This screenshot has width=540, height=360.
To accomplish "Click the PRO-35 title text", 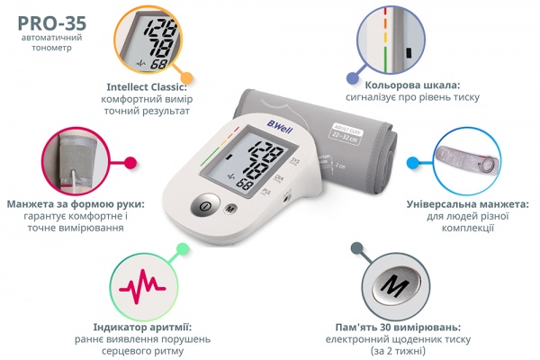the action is coord(51,23).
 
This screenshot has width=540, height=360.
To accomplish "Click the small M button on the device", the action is coord(230,209).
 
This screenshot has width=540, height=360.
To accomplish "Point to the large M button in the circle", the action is coord(396,285).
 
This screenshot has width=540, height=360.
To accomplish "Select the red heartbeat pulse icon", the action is coord(142,286).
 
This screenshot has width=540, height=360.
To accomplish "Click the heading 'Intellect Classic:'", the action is coord(147,86).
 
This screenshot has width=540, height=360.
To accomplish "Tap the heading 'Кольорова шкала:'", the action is coord(412,85).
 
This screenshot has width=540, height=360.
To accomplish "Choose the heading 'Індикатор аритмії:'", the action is coord(142,327).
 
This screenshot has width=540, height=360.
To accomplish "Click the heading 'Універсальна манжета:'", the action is coord(468,204).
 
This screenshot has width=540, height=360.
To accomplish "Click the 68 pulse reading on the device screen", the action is coord(244,185).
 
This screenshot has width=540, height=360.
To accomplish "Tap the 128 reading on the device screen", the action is coord(266,151).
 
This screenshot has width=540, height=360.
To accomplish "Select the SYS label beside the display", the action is coord(295,161).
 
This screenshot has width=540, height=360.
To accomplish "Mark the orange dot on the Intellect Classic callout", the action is coord(186,76).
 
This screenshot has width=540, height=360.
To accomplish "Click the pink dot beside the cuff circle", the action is coord(130,163).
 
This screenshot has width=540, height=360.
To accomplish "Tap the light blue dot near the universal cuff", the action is coord(412,163).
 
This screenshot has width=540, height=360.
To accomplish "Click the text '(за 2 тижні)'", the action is coord(398,351).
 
